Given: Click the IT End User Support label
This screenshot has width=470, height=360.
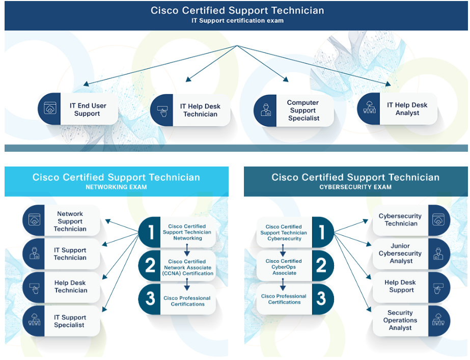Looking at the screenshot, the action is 88,109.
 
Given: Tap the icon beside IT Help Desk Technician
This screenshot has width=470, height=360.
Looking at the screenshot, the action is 162,110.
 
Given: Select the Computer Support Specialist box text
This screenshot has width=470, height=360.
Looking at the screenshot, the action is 303,110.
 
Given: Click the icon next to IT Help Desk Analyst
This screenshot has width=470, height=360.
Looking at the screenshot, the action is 369,107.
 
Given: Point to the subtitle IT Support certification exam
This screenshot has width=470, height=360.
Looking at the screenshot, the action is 237,21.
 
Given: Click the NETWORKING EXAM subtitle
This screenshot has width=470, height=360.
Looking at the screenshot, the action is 116,187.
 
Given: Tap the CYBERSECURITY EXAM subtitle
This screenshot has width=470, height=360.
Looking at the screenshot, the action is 355,187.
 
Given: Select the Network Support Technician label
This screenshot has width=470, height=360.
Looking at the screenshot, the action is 70,221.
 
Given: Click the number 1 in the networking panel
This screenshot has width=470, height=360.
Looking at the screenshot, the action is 151,232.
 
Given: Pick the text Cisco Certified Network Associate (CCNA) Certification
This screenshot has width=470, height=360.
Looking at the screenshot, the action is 187,267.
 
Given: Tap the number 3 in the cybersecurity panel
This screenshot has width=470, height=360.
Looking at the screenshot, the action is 321,298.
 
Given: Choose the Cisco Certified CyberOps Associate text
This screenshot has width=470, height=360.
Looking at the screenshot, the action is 284,267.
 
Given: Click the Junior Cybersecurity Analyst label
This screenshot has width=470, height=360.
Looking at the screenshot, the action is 400,253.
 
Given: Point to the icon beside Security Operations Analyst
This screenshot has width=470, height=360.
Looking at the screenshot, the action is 438,320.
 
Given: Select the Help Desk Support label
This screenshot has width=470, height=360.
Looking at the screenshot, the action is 400,286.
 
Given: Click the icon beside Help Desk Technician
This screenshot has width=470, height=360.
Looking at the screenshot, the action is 35,288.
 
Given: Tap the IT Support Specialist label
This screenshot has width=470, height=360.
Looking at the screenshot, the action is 70,321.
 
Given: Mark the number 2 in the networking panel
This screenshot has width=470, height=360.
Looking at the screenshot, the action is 151,266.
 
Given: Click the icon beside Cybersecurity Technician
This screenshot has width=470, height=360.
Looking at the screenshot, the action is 438,219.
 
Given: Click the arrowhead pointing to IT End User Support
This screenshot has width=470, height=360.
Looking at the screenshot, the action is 86,84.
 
